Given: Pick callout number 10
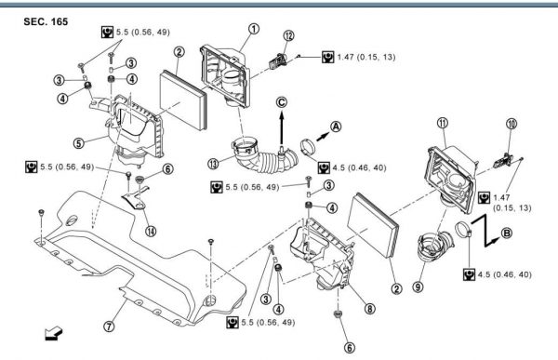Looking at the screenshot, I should tap(511, 124).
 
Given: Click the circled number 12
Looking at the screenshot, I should tap(288, 36).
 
